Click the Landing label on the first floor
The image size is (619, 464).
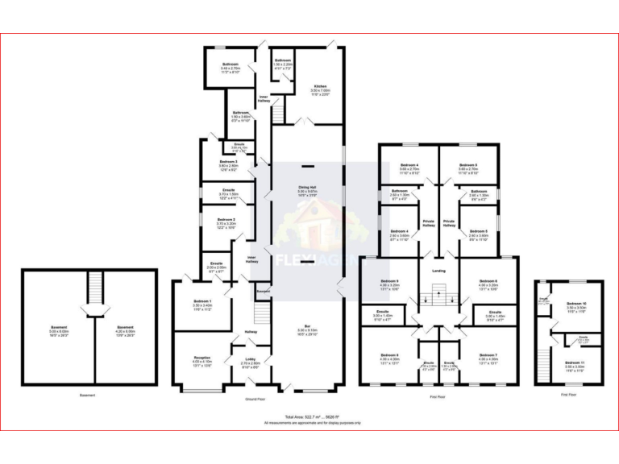point(438,271)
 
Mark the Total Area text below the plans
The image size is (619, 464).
point(311,416)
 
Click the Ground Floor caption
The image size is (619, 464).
point(256,399)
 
